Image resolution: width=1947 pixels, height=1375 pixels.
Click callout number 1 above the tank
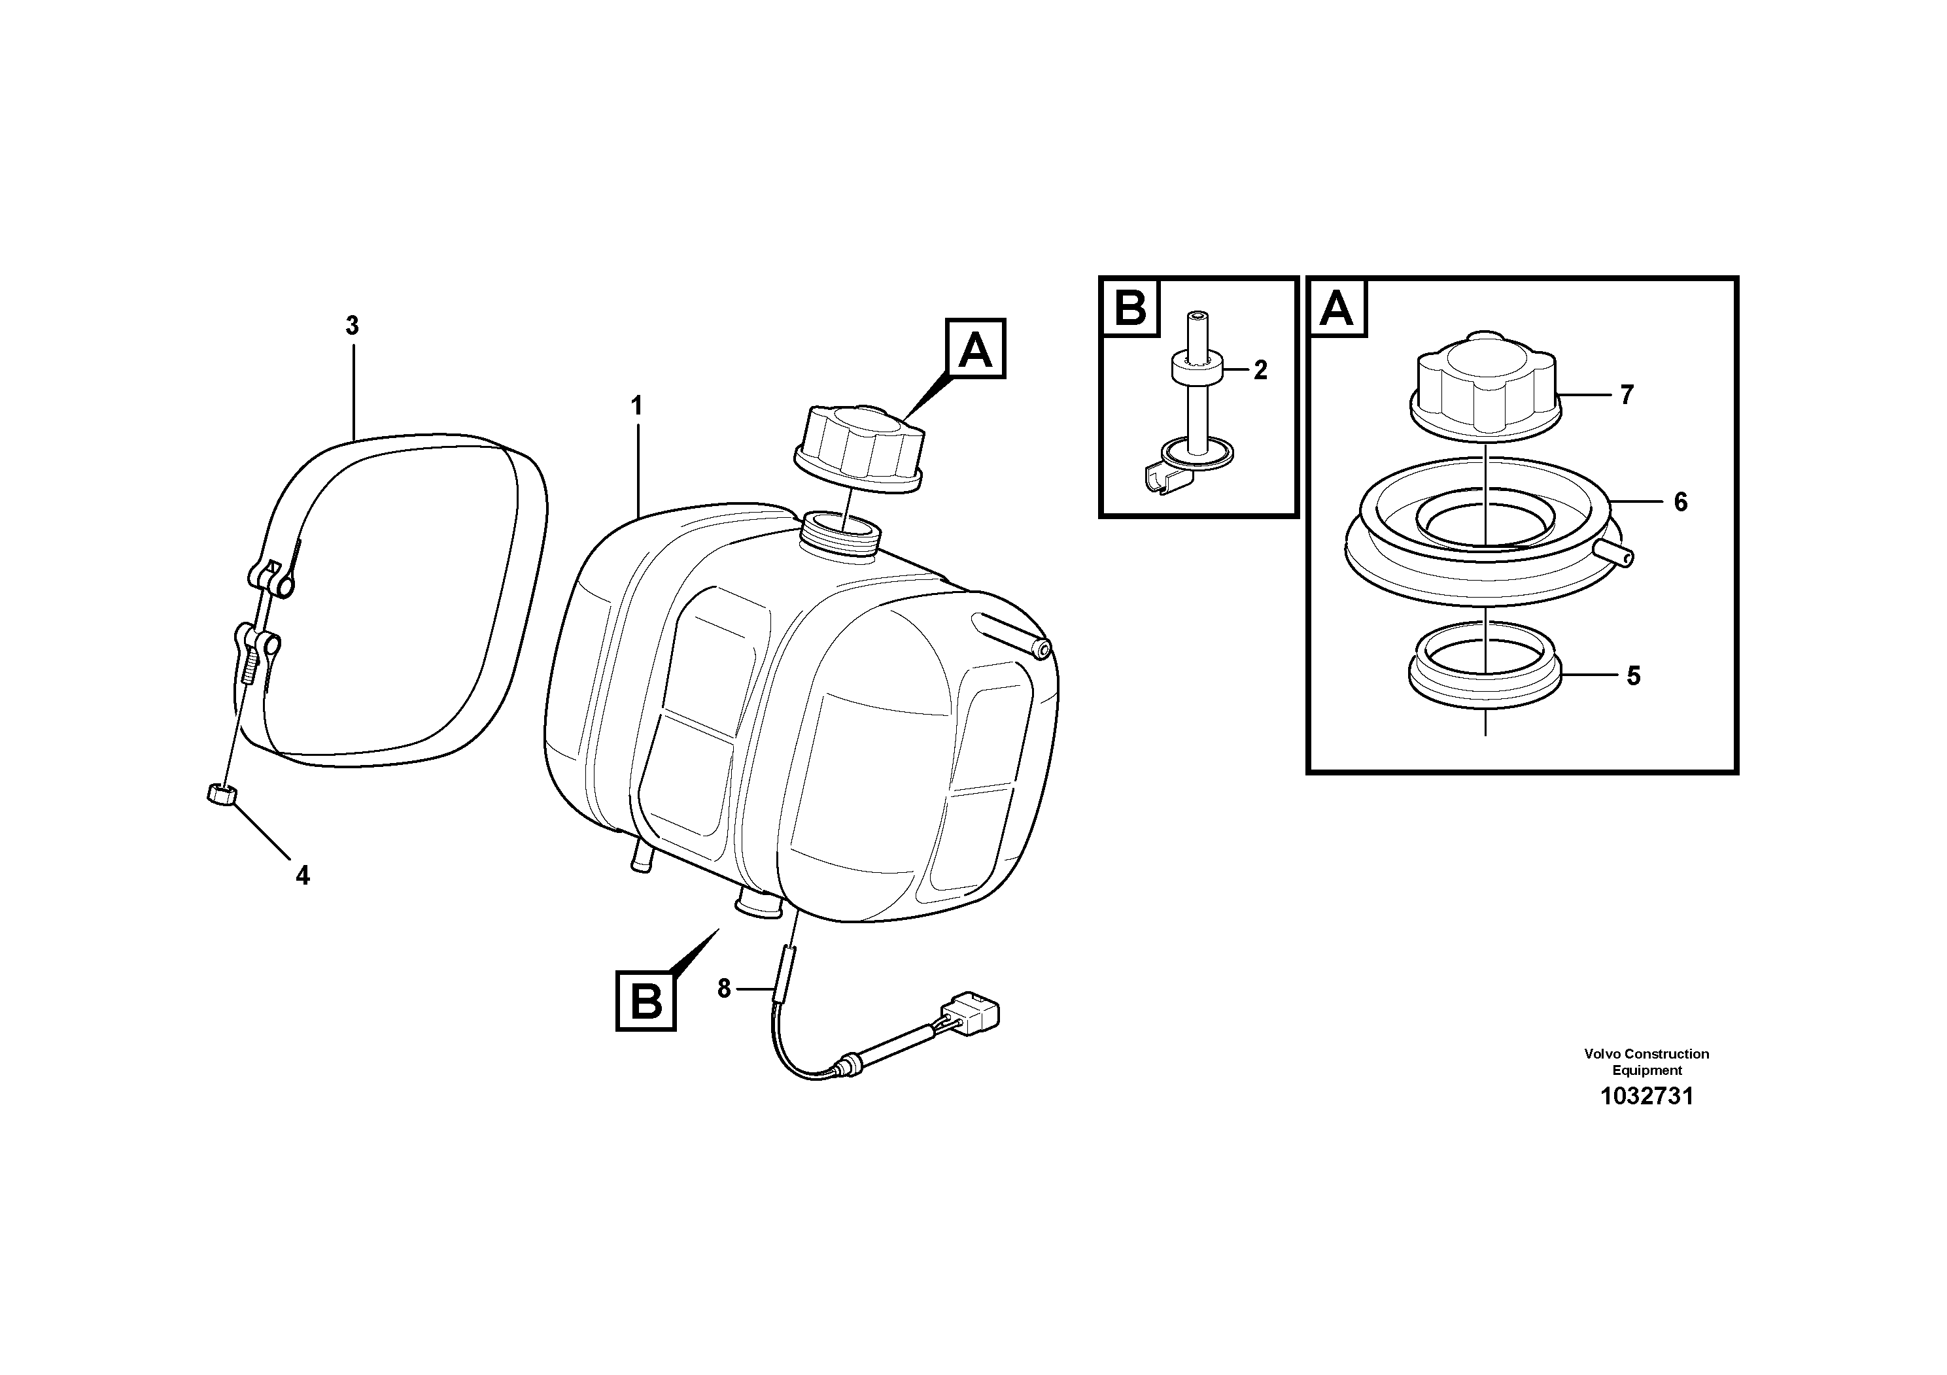pyautogui.click(x=636, y=407)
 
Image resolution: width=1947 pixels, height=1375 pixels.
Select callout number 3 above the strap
pyautogui.click(x=353, y=326)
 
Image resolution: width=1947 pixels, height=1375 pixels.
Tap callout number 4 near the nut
pyautogui.click(x=303, y=875)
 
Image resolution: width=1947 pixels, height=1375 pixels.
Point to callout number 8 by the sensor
pyautogui.click(x=723, y=989)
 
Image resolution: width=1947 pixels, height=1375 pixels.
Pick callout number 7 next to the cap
pyautogui.click(x=1627, y=395)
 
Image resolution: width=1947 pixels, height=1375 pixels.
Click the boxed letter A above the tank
pyautogui.click(x=975, y=348)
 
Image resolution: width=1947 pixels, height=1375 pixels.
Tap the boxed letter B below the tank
pyautogui.click(x=646, y=1001)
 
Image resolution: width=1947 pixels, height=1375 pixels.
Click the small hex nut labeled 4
pyautogui.click(x=221, y=795)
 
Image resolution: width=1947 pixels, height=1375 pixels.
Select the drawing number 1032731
pyautogui.click(x=1646, y=1096)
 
